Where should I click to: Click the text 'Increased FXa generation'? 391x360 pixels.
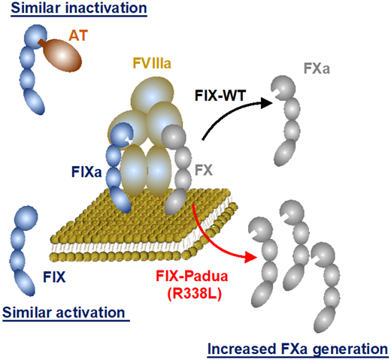297,349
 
